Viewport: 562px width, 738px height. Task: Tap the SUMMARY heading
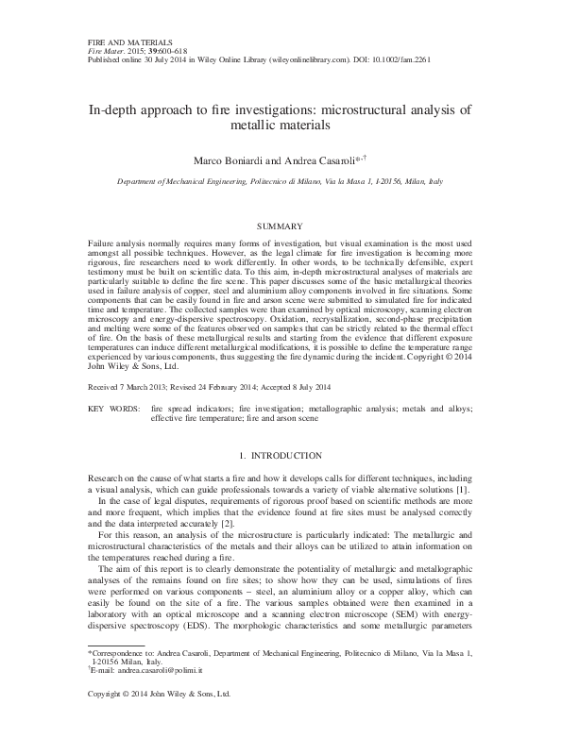280,227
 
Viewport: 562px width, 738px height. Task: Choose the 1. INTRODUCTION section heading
280,456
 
